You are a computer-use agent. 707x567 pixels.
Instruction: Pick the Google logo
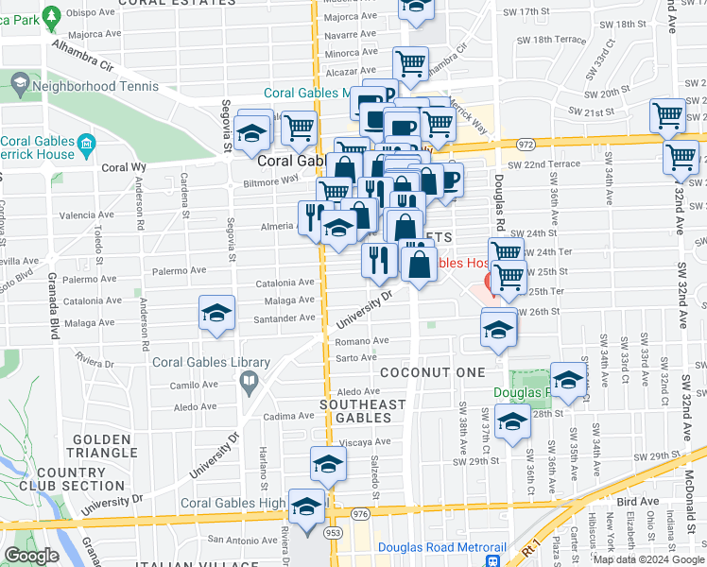(31, 556)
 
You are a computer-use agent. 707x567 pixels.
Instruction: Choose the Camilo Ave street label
(194, 386)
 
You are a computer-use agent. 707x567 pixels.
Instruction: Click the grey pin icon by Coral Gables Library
(249, 382)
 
